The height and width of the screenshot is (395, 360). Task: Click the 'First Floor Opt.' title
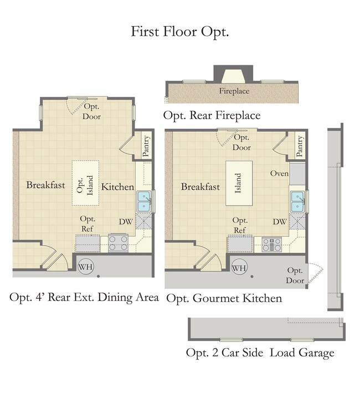[179, 32]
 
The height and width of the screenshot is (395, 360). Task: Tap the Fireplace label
[234, 91]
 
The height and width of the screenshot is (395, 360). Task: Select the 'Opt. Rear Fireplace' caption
[212, 116]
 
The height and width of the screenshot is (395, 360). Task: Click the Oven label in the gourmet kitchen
[279, 173]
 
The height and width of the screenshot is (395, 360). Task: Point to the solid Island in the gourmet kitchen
[239, 183]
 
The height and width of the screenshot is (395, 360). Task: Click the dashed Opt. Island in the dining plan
[85, 183]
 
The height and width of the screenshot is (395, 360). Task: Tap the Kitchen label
[117, 187]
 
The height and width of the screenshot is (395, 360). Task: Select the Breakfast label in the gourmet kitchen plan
[200, 186]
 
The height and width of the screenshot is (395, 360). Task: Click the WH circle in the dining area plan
[86, 267]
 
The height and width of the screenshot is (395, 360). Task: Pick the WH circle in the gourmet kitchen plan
[239, 267]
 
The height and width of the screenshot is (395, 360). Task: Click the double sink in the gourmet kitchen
[297, 202]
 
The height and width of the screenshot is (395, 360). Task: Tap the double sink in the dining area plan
[145, 201]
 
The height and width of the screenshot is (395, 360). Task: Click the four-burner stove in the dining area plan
[118, 243]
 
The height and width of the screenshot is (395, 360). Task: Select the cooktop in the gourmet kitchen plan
[271, 245]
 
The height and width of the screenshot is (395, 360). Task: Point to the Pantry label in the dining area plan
[146, 146]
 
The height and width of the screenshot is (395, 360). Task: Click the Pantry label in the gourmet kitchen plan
[300, 146]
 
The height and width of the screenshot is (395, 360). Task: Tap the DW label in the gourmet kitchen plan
[280, 222]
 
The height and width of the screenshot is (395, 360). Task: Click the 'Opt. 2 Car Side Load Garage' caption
[260, 353]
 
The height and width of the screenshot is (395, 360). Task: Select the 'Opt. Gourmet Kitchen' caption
[224, 299]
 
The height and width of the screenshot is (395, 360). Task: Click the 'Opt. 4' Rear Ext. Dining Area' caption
[84, 298]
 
